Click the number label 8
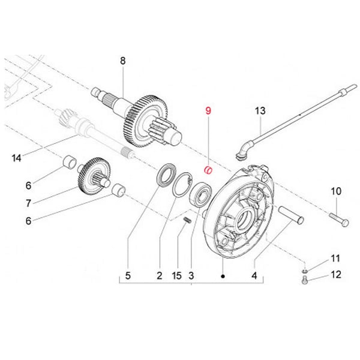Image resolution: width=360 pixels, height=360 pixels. pyautogui.click(x=123, y=60)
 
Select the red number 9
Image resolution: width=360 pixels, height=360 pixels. pyautogui.click(x=208, y=111)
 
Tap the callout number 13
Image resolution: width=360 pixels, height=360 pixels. pyautogui.click(x=260, y=112)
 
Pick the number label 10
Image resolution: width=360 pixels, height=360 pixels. pyautogui.click(x=336, y=191)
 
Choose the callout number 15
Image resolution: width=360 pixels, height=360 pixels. pyautogui.click(x=176, y=276)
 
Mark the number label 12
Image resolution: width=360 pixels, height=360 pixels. pyautogui.click(x=336, y=275)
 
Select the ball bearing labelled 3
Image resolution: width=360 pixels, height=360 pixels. pyautogui.click(x=200, y=197)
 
